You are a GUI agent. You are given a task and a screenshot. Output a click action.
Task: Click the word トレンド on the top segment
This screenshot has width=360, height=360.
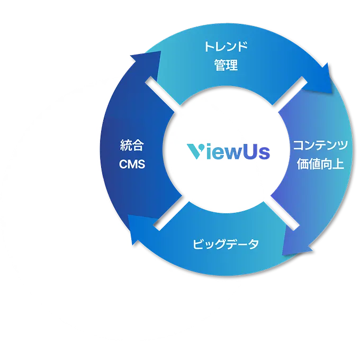click(226, 47)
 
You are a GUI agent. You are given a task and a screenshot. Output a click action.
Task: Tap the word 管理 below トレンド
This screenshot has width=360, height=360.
click(226, 66)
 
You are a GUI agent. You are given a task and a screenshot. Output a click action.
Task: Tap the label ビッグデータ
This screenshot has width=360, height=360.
click(226, 244)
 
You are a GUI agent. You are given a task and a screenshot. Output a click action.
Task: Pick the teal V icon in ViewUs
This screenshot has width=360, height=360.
click(196, 151)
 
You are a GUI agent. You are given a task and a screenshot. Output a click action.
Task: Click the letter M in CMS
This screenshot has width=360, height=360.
click(132, 164)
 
